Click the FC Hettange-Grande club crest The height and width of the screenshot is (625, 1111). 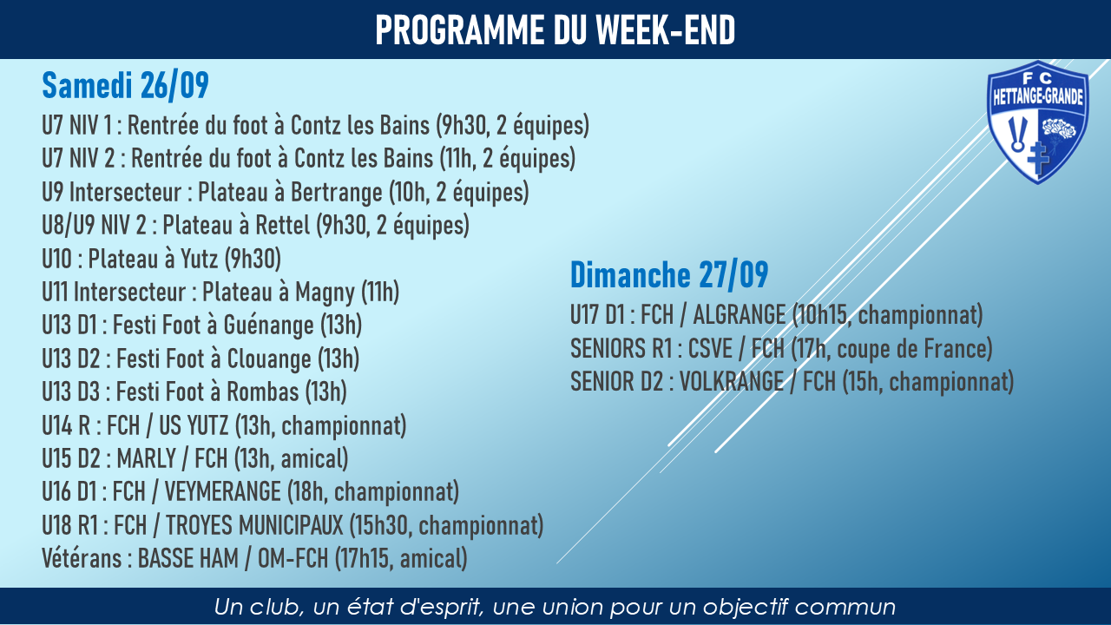click(x=1037, y=122)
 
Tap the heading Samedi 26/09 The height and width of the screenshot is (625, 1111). click(x=126, y=85)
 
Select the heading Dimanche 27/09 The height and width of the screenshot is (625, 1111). click(x=669, y=274)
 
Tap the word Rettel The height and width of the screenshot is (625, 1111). click(x=282, y=225)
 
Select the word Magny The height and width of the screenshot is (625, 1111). click(x=325, y=293)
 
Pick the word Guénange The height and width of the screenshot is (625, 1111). click(x=268, y=326)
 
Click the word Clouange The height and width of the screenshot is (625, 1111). click(x=269, y=359)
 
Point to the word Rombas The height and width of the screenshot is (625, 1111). click(x=263, y=391)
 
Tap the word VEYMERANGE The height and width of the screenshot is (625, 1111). click(x=223, y=491)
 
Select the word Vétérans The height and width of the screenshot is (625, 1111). click(x=82, y=558)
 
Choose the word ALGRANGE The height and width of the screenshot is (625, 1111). click(x=739, y=315)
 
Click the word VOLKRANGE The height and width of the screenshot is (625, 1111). click(x=731, y=382)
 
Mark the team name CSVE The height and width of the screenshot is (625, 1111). click(x=710, y=348)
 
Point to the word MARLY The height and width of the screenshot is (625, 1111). click(x=147, y=459)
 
